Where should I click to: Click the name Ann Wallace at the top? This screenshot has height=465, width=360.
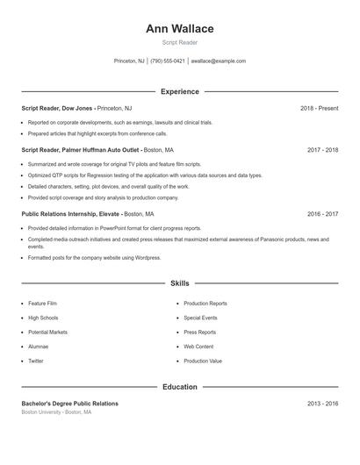[x=179, y=28]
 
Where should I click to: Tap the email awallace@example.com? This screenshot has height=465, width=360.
[x=219, y=61]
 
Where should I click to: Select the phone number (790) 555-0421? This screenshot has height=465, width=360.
[x=168, y=61]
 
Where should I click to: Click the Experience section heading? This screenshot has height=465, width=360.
[x=179, y=91]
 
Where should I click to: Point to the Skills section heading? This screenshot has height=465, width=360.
[x=179, y=283]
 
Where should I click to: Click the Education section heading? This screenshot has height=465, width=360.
[x=179, y=386]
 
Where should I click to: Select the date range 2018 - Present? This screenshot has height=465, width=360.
[x=319, y=108]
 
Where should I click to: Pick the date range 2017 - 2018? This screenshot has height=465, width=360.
[x=322, y=150]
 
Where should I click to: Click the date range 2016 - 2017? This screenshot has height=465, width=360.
[x=322, y=213]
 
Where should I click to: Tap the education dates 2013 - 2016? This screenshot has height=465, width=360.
[x=322, y=404]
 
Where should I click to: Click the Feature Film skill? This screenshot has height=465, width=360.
[x=42, y=303]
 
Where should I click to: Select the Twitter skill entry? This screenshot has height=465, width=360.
[x=35, y=361]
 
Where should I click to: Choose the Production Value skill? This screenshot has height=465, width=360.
[x=203, y=361]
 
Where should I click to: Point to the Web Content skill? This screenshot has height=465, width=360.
[x=198, y=347]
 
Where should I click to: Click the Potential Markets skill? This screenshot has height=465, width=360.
[x=47, y=333]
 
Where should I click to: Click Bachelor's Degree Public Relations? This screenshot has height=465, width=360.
[x=69, y=404]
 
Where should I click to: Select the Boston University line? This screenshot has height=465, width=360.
[x=56, y=411]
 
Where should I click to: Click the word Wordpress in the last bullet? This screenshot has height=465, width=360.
[x=147, y=257]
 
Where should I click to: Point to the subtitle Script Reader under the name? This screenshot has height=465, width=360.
[x=179, y=43]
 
